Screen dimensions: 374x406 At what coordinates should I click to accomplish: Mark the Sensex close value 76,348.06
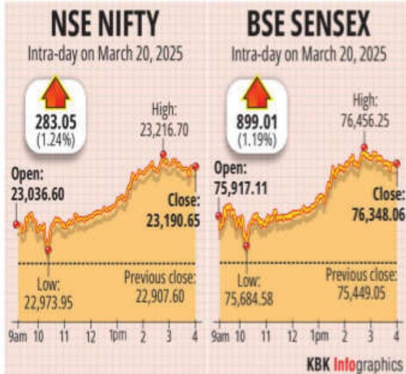click(378, 214)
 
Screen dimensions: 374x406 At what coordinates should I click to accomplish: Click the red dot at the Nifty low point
click(48, 250)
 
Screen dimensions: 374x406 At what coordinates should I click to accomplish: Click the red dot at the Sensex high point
click(364, 148)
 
